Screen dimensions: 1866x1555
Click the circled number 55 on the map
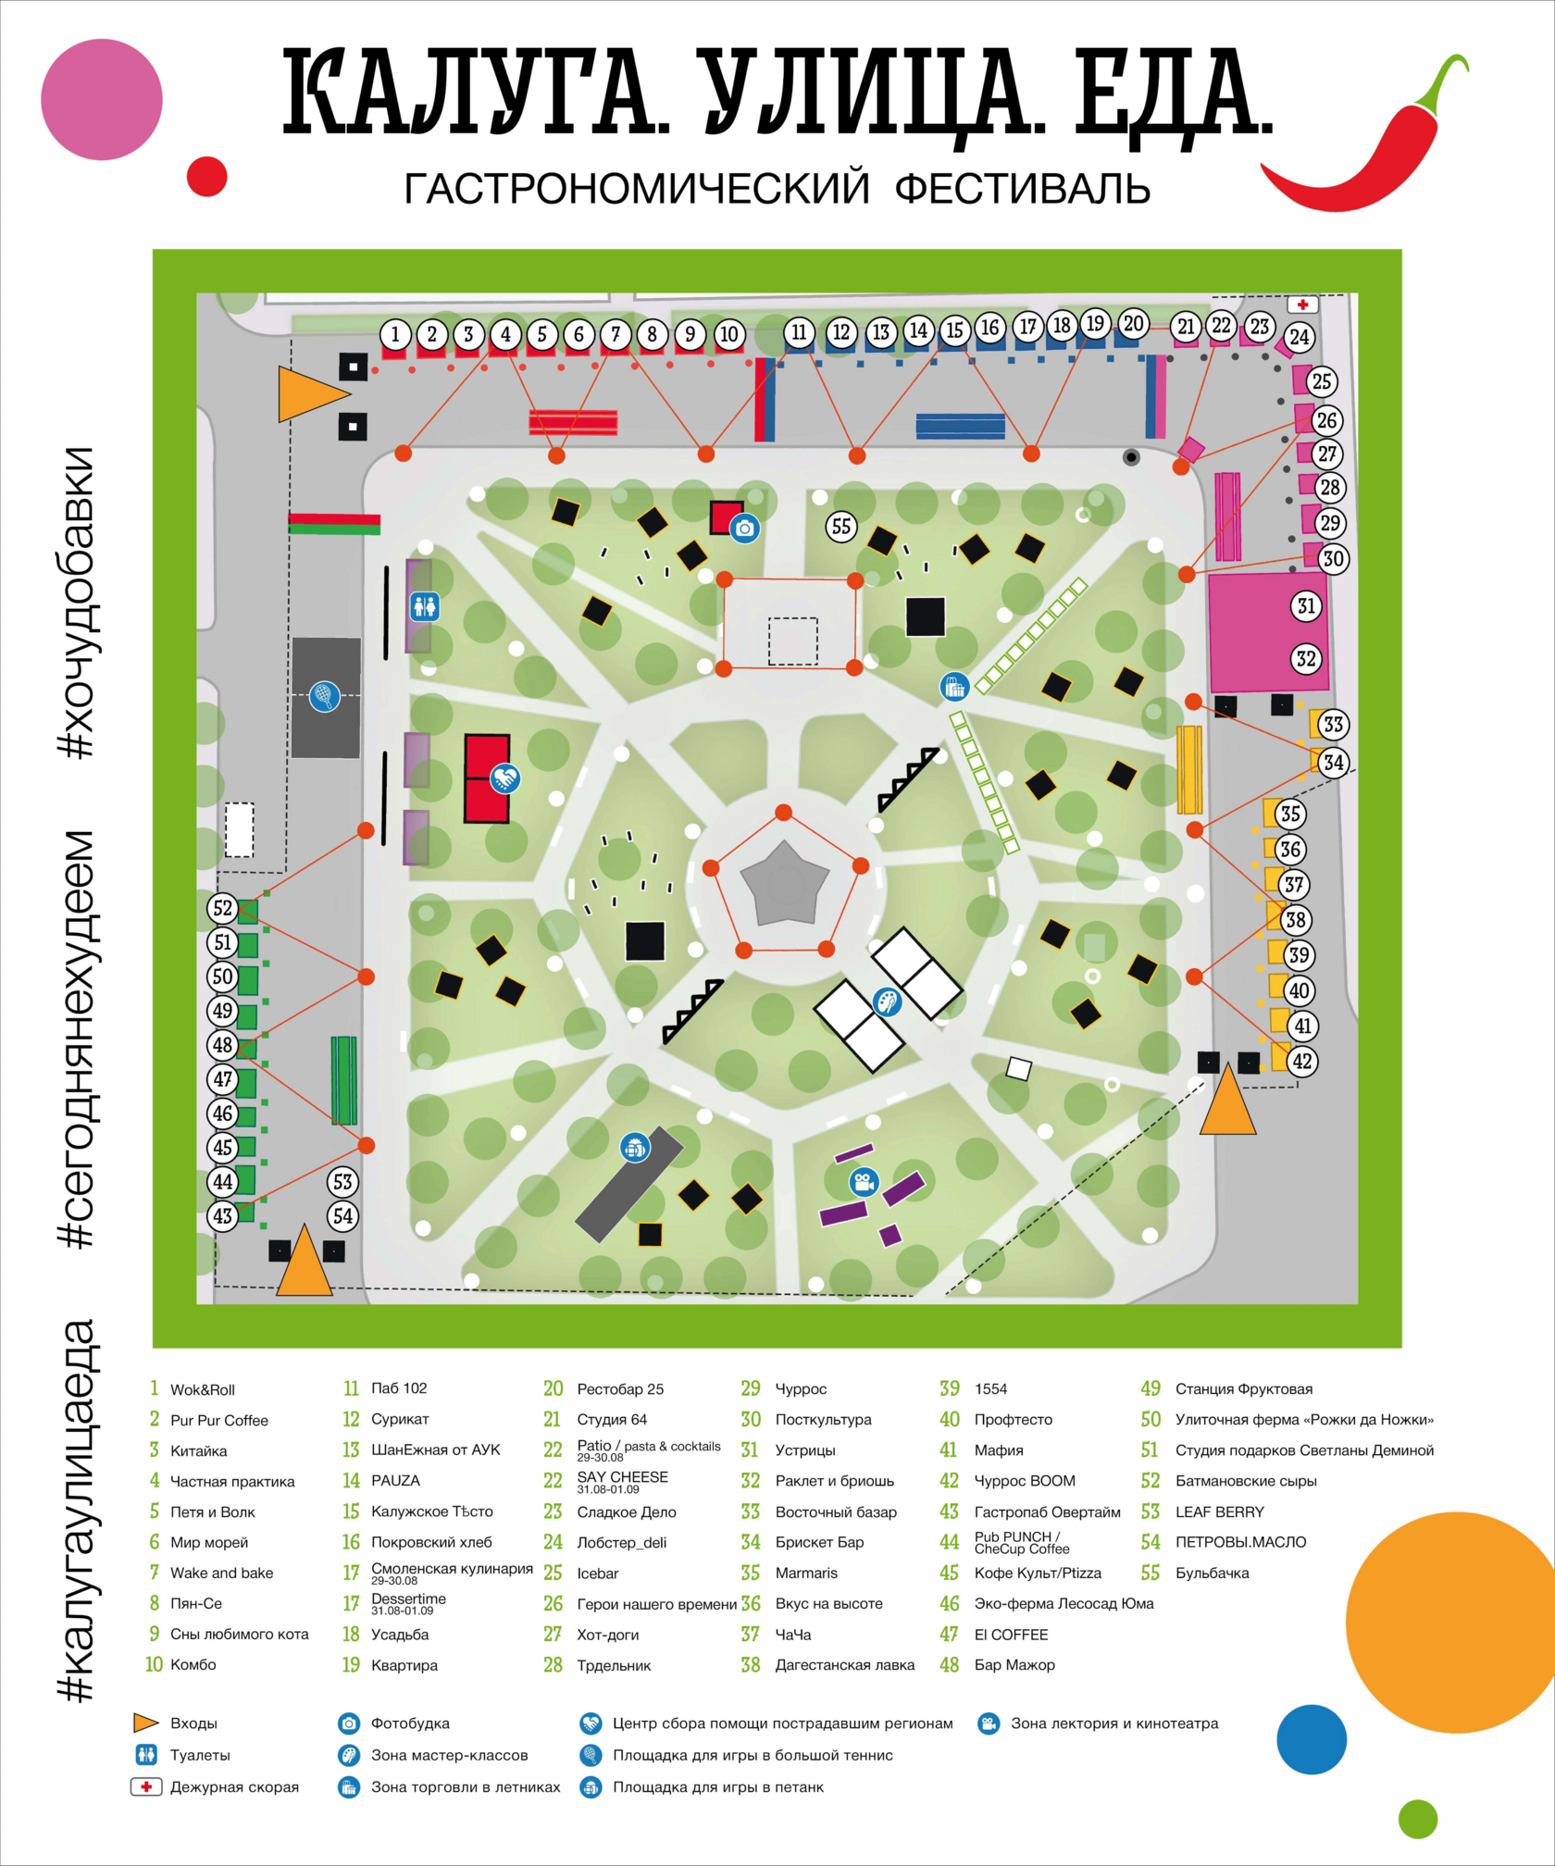point(840,527)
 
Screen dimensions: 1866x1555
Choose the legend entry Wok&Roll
point(202,1389)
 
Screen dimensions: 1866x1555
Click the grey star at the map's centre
point(785,884)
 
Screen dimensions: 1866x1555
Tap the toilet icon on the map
point(425,607)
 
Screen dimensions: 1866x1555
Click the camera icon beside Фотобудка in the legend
point(348,1723)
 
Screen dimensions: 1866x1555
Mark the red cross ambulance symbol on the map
point(1302,305)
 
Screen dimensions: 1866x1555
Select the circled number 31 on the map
point(1306,606)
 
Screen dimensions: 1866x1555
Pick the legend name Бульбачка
point(1212,1573)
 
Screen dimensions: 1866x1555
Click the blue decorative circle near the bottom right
point(1311,1739)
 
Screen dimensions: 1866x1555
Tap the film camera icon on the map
point(864,1182)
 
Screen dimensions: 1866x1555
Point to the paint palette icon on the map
point(888,1001)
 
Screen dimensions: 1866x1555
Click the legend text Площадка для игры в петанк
point(717,1787)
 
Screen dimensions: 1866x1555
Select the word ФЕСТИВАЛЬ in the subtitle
point(1023,189)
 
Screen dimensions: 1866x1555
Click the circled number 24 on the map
point(1300,338)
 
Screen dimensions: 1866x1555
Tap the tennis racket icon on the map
point(325,695)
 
